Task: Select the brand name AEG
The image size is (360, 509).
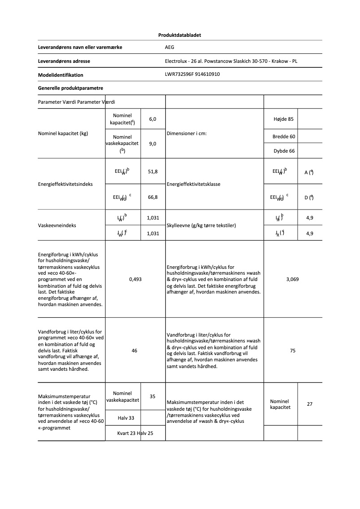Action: pos(169,47)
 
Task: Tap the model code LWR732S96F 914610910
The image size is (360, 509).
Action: pos(192,75)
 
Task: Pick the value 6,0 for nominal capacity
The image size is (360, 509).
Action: pos(153,119)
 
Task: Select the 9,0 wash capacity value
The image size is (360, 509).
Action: pos(153,144)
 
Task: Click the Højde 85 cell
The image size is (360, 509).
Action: pos(283,119)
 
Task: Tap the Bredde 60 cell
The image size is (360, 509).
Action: pos(284,136)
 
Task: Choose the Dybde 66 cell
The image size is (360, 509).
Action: pos(284,151)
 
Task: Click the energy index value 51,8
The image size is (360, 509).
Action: pos(153,172)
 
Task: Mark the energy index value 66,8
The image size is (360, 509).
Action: pos(153,197)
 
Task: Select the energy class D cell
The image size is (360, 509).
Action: pos(309,197)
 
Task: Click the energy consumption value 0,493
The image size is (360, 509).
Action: pos(135,279)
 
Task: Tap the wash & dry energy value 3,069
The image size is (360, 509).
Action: pos(293,279)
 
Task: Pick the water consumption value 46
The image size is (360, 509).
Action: pos(135,351)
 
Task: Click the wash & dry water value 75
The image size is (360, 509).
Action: pos(293,351)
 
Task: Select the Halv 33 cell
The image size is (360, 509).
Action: pos(126,418)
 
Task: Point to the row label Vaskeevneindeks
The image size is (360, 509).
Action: pos(57,225)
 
